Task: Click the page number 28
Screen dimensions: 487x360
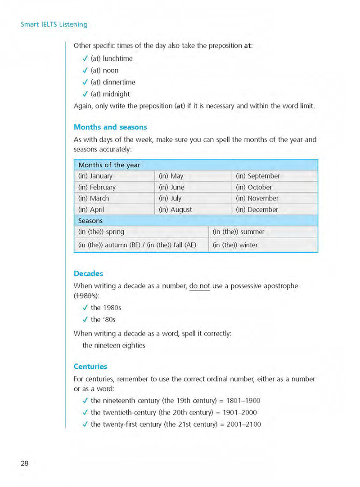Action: [x=24, y=464]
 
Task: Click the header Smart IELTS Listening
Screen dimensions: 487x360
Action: [x=54, y=24]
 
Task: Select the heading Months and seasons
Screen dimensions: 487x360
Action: [x=110, y=127]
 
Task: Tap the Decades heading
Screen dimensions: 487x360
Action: [x=88, y=273]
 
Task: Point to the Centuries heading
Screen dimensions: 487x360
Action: [x=90, y=366]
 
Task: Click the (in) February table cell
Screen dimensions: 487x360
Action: [x=97, y=187]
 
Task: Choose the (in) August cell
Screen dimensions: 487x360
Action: [x=175, y=210]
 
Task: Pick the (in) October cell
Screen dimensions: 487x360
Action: [x=254, y=187]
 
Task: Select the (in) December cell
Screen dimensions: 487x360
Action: [x=257, y=210]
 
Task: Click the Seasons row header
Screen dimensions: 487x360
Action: [x=90, y=221]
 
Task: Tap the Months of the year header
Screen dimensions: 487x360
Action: [x=109, y=165]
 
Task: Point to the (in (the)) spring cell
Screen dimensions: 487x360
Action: [x=101, y=232]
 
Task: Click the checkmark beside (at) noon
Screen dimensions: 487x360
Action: [x=85, y=70]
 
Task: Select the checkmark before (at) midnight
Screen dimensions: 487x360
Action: [x=85, y=94]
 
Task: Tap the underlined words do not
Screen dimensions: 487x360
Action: [x=200, y=286]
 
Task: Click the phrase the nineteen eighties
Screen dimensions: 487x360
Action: [x=114, y=345]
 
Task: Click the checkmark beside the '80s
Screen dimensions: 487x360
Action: [x=85, y=320]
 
